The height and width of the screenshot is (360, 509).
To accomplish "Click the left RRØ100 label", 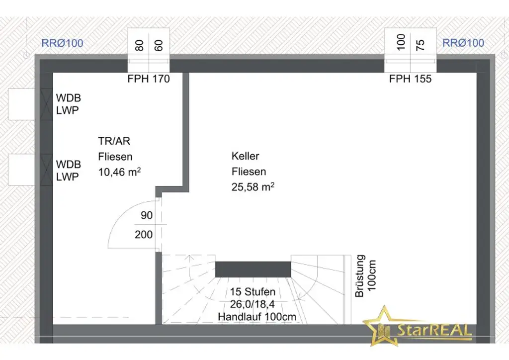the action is tap(62, 43).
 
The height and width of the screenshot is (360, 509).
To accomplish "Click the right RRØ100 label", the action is tap(463, 43).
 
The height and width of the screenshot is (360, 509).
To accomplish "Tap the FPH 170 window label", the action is tap(149, 79).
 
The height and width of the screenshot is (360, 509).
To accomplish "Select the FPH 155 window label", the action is tap(410, 79).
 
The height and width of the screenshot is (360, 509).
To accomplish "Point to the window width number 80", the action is tap(139, 45).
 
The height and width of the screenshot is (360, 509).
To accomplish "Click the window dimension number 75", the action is tap(420, 45).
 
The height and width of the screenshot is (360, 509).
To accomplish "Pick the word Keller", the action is tap(246, 156).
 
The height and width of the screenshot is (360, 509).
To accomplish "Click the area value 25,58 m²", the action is tap(253, 186).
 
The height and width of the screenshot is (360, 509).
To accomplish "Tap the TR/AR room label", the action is tap(114, 141).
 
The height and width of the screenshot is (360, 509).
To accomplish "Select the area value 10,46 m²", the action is tap(119, 172).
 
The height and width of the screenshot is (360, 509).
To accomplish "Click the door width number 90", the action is tap(147, 215).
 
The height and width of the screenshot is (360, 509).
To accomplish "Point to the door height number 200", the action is tap(144, 234).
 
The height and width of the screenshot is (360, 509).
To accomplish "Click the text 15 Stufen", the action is tap(253, 291).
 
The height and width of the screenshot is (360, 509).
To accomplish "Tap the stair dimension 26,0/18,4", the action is tap(253, 304).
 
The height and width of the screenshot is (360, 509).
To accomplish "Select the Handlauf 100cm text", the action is tap(257, 317).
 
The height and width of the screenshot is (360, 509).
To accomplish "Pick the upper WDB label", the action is tap(69, 98).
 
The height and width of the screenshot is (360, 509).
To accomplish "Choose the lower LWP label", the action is tap(68, 177).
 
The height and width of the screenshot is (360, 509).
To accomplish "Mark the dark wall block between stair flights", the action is tap(253, 270).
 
